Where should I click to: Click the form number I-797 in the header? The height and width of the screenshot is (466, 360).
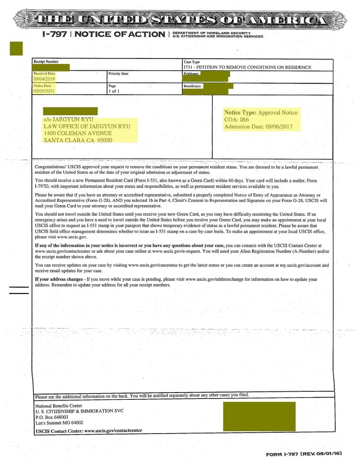click(54, 34)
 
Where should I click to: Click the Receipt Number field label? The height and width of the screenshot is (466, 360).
click(46, 62)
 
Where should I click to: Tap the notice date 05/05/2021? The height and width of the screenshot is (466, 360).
click(44, 91)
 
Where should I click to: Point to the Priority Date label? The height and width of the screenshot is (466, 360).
click(118, 73)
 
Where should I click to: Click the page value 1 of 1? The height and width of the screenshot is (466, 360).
click(114, 91)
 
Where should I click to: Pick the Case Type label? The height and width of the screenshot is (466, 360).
click(192, 62)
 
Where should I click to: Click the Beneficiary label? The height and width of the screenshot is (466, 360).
click(193, 86)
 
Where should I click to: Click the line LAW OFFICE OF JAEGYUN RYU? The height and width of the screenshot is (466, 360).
click(87, 127)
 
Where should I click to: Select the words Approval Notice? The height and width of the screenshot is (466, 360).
click(278, 113)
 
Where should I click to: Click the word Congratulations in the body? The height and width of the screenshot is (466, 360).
click(50, 167)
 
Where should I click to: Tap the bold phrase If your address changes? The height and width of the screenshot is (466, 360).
click(59, 280)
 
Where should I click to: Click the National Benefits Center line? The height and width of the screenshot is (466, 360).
click(59, 406)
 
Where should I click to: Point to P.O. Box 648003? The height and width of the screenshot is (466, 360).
click(52, 417)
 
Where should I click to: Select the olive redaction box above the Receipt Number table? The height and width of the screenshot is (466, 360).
click(16, 48)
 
